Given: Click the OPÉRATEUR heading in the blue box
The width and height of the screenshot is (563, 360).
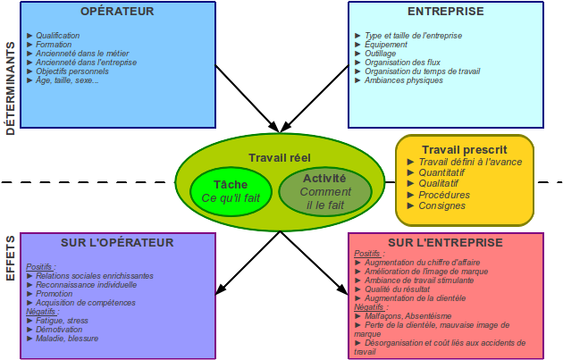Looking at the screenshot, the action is [x=117, y=11].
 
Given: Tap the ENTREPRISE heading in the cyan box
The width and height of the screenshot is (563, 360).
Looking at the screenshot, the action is [x=446, y=11].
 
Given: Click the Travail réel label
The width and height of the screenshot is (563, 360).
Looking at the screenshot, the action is [x=280, y=158].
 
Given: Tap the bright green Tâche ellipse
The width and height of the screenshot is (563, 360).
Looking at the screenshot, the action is [x=231, y=191].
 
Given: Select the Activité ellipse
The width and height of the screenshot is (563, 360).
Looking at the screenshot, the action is [x=325, y=191].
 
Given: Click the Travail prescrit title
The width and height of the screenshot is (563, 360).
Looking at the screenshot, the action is [x=465, y=150].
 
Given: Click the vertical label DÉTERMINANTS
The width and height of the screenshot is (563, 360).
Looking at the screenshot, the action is [x=11, y=88].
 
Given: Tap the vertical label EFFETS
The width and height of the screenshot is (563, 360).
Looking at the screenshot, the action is [x=11, y=258].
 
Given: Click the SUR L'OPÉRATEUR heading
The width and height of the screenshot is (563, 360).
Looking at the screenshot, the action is [x=117, y=243].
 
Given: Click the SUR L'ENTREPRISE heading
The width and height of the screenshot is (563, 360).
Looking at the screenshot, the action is [x=445, y=243].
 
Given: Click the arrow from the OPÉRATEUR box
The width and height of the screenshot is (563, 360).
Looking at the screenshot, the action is [x=247, y=98].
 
